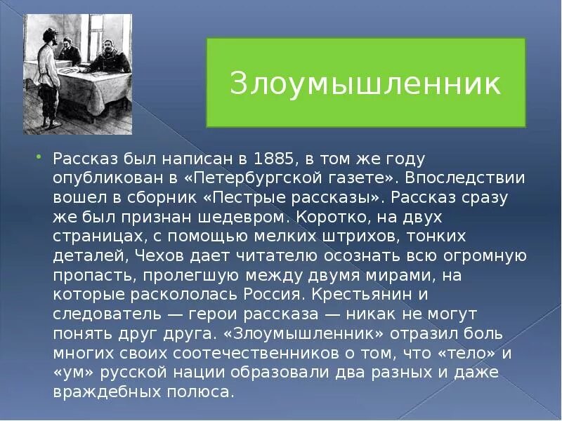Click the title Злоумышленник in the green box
tap(365, 83)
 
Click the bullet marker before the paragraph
tap(39, 158)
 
